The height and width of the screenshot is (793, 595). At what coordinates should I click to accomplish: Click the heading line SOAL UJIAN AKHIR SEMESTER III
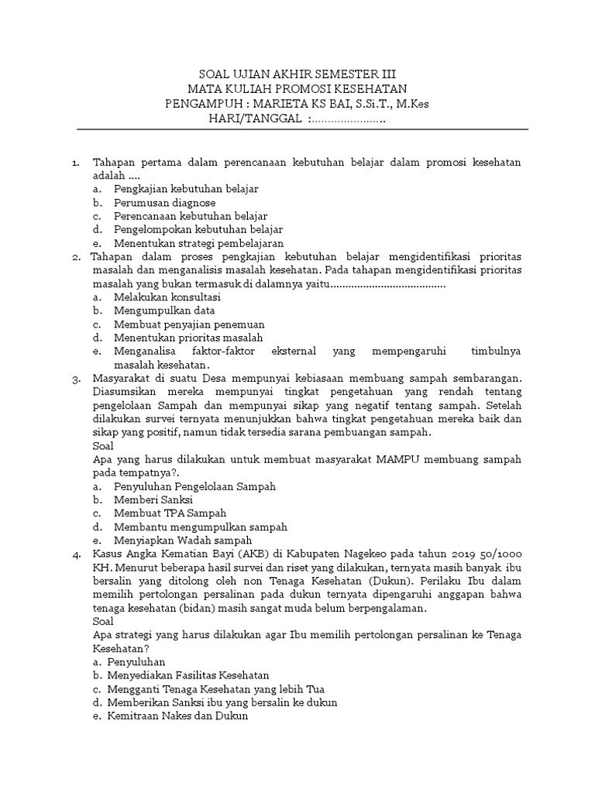click(x=297, y=75)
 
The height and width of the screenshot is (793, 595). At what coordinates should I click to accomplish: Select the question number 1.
click(x=76, y=162)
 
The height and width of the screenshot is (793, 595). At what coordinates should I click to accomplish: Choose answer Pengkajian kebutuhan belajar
click(x=186, y=189)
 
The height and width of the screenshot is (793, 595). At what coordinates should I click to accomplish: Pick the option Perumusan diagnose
click(x=164, y=203)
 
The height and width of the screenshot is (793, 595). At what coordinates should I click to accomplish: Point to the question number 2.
click(x=76, y=256)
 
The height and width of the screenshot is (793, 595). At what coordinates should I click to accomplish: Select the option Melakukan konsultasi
click(x=167, y=297)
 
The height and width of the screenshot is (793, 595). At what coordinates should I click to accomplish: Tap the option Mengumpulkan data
click(x=164, y=311)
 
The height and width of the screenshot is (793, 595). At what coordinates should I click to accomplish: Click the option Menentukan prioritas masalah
click(x=188, y=338)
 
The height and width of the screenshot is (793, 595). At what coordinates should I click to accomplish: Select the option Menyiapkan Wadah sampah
click(x=183, y=541)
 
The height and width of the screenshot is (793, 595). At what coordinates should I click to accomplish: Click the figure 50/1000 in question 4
click(x=496, y=554)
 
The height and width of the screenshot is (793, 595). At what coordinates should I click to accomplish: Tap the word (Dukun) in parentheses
click(x=413, y=581)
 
